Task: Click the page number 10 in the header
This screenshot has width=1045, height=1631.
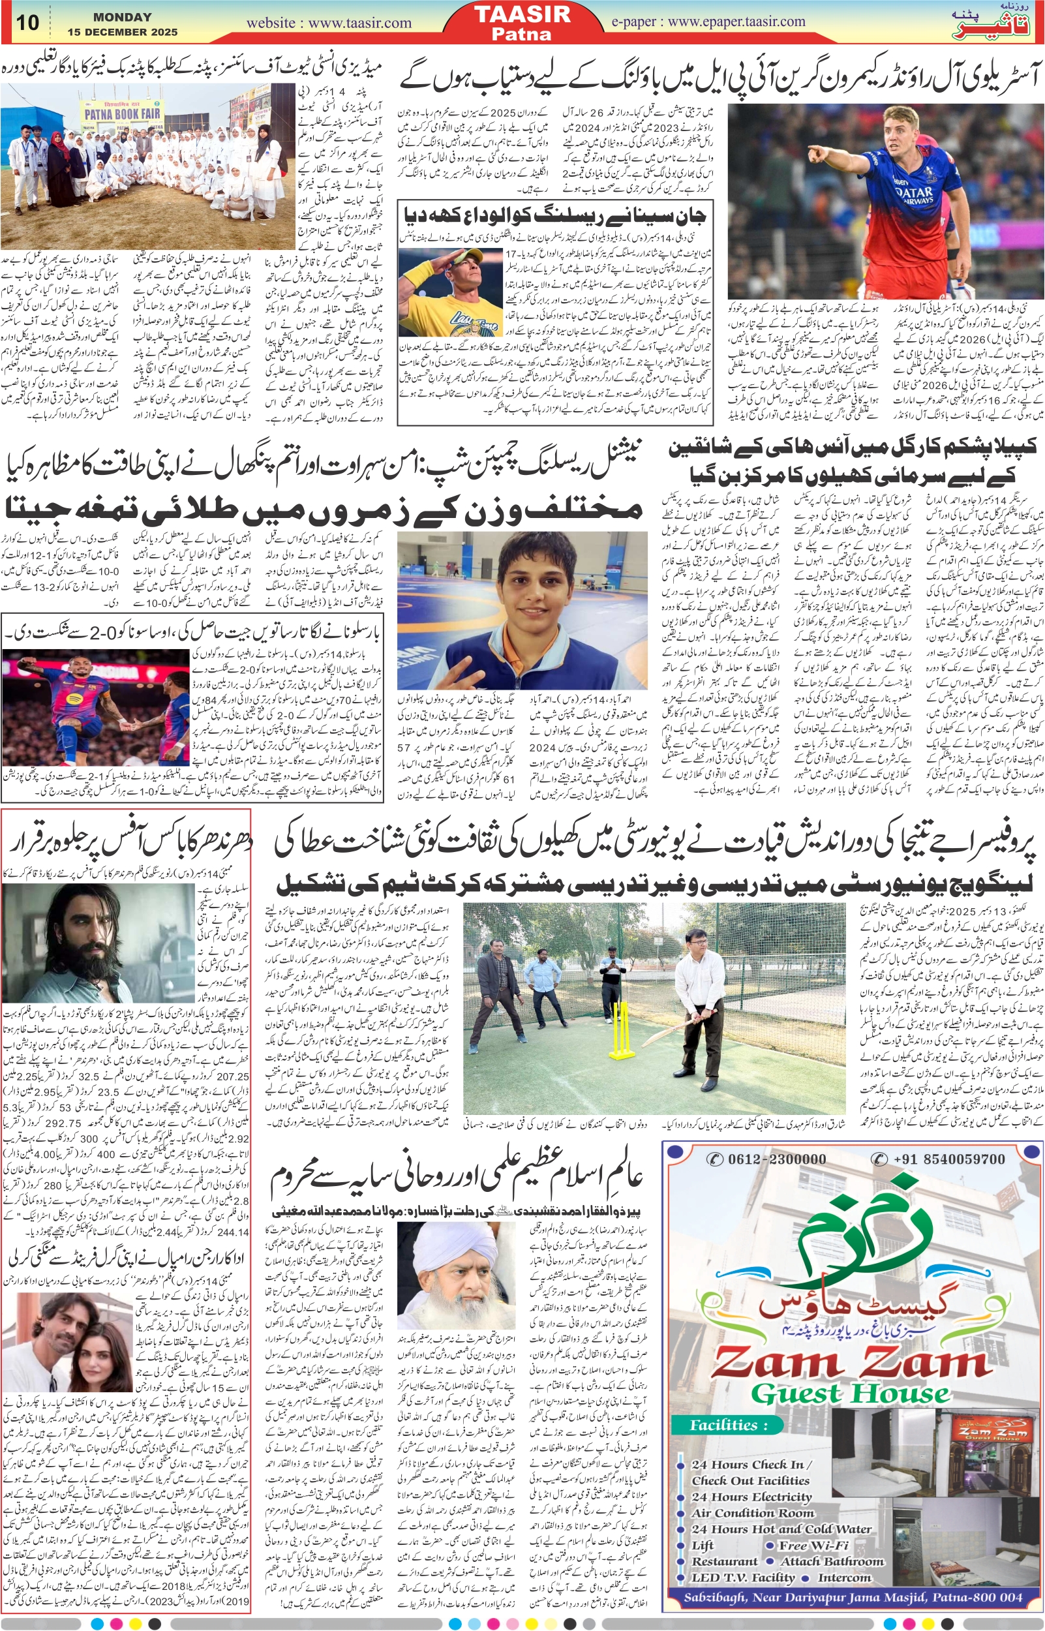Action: (x=28, y=22)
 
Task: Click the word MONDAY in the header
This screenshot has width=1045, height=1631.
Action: (x=122, y=18)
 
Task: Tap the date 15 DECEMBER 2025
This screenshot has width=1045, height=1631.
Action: (x=122, y=32)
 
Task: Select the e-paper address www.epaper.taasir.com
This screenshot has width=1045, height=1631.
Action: (x=737, y=21)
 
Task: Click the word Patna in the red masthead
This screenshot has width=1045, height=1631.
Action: (x=522, y=34)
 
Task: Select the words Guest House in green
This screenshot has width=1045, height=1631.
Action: (x=849, y=1394)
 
